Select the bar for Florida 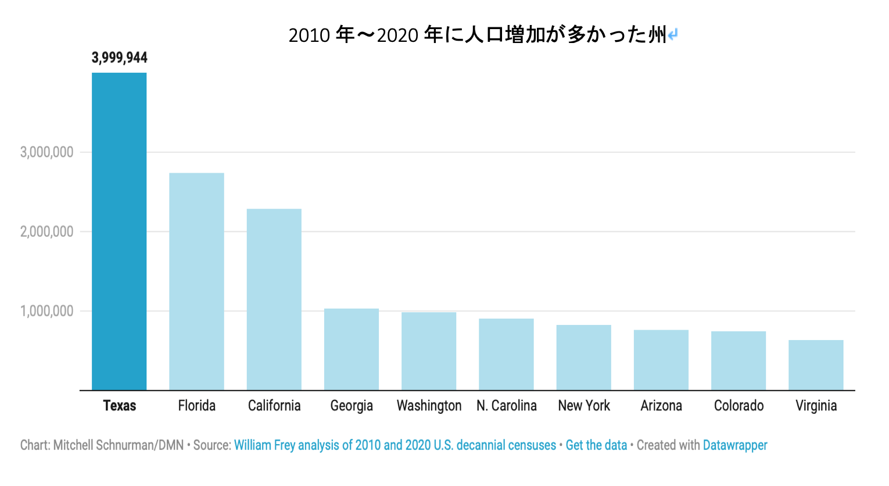coord(196,281)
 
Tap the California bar coord(274,299)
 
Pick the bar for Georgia coord(351,349)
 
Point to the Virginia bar coord(816,365)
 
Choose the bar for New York coord(583,358)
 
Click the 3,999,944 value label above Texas coord(119,58)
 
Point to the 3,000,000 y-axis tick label coord(47,152)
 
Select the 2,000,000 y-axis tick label coord(47,232)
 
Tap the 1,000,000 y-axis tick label coord(47,311)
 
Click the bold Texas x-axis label coord(119,406)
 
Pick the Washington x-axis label coord(429,406)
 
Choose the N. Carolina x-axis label coord(506,406)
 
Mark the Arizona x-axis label coord(661,406)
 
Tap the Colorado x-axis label coord(739,406)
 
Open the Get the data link coord(596,445)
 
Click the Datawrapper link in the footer coord(735,445)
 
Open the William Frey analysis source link coord(395,445)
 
